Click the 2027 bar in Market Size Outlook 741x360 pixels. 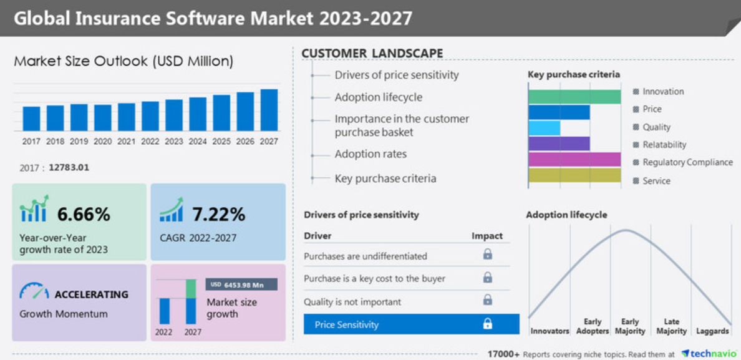coord(269,110)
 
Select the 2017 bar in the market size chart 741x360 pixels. coord(31,119)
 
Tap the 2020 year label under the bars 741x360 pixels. coord(103,142)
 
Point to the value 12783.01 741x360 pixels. coord(69,167)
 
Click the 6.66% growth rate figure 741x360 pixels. coord(84,215)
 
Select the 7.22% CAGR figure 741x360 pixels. coord(218,215)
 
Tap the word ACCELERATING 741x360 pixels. coord(91,294)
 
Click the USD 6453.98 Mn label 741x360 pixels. coord(241,285)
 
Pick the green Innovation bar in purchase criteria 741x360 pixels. coord(574,97)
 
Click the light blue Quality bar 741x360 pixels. coord(545,128)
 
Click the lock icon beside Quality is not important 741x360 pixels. coord(487,301)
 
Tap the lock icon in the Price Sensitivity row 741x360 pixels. coord(487,324)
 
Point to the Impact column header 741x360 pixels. coord(487,236)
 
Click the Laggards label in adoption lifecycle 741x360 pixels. coord(712,331)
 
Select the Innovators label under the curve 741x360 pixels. coord(550,331)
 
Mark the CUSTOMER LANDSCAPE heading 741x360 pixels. coord(372,54)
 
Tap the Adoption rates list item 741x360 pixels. coord(370,154)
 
